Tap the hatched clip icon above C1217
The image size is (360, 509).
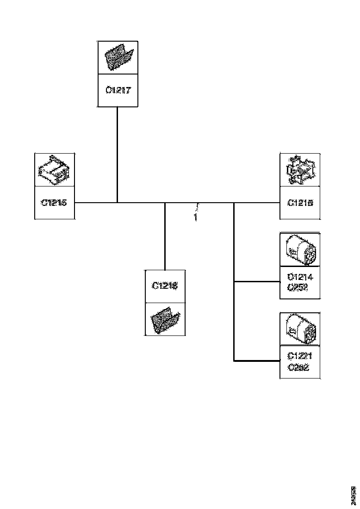point(118,57)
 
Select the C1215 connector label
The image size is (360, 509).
point(55,203)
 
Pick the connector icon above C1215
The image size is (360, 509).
point(55,170)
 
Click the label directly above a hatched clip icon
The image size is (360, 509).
point(165,286)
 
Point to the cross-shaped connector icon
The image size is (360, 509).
point(300,170)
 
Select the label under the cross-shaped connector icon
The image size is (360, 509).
point(300,203)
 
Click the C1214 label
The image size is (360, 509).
point(300,278)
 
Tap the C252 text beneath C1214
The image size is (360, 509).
point(298,287)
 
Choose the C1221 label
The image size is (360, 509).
point(300,356)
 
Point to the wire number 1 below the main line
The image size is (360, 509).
point(195,217)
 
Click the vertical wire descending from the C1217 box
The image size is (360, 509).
point(118,153)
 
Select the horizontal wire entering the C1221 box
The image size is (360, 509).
point(257,360)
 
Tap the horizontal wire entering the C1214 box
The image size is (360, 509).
point(257,281)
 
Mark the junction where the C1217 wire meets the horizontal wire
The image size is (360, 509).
point(118,203)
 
